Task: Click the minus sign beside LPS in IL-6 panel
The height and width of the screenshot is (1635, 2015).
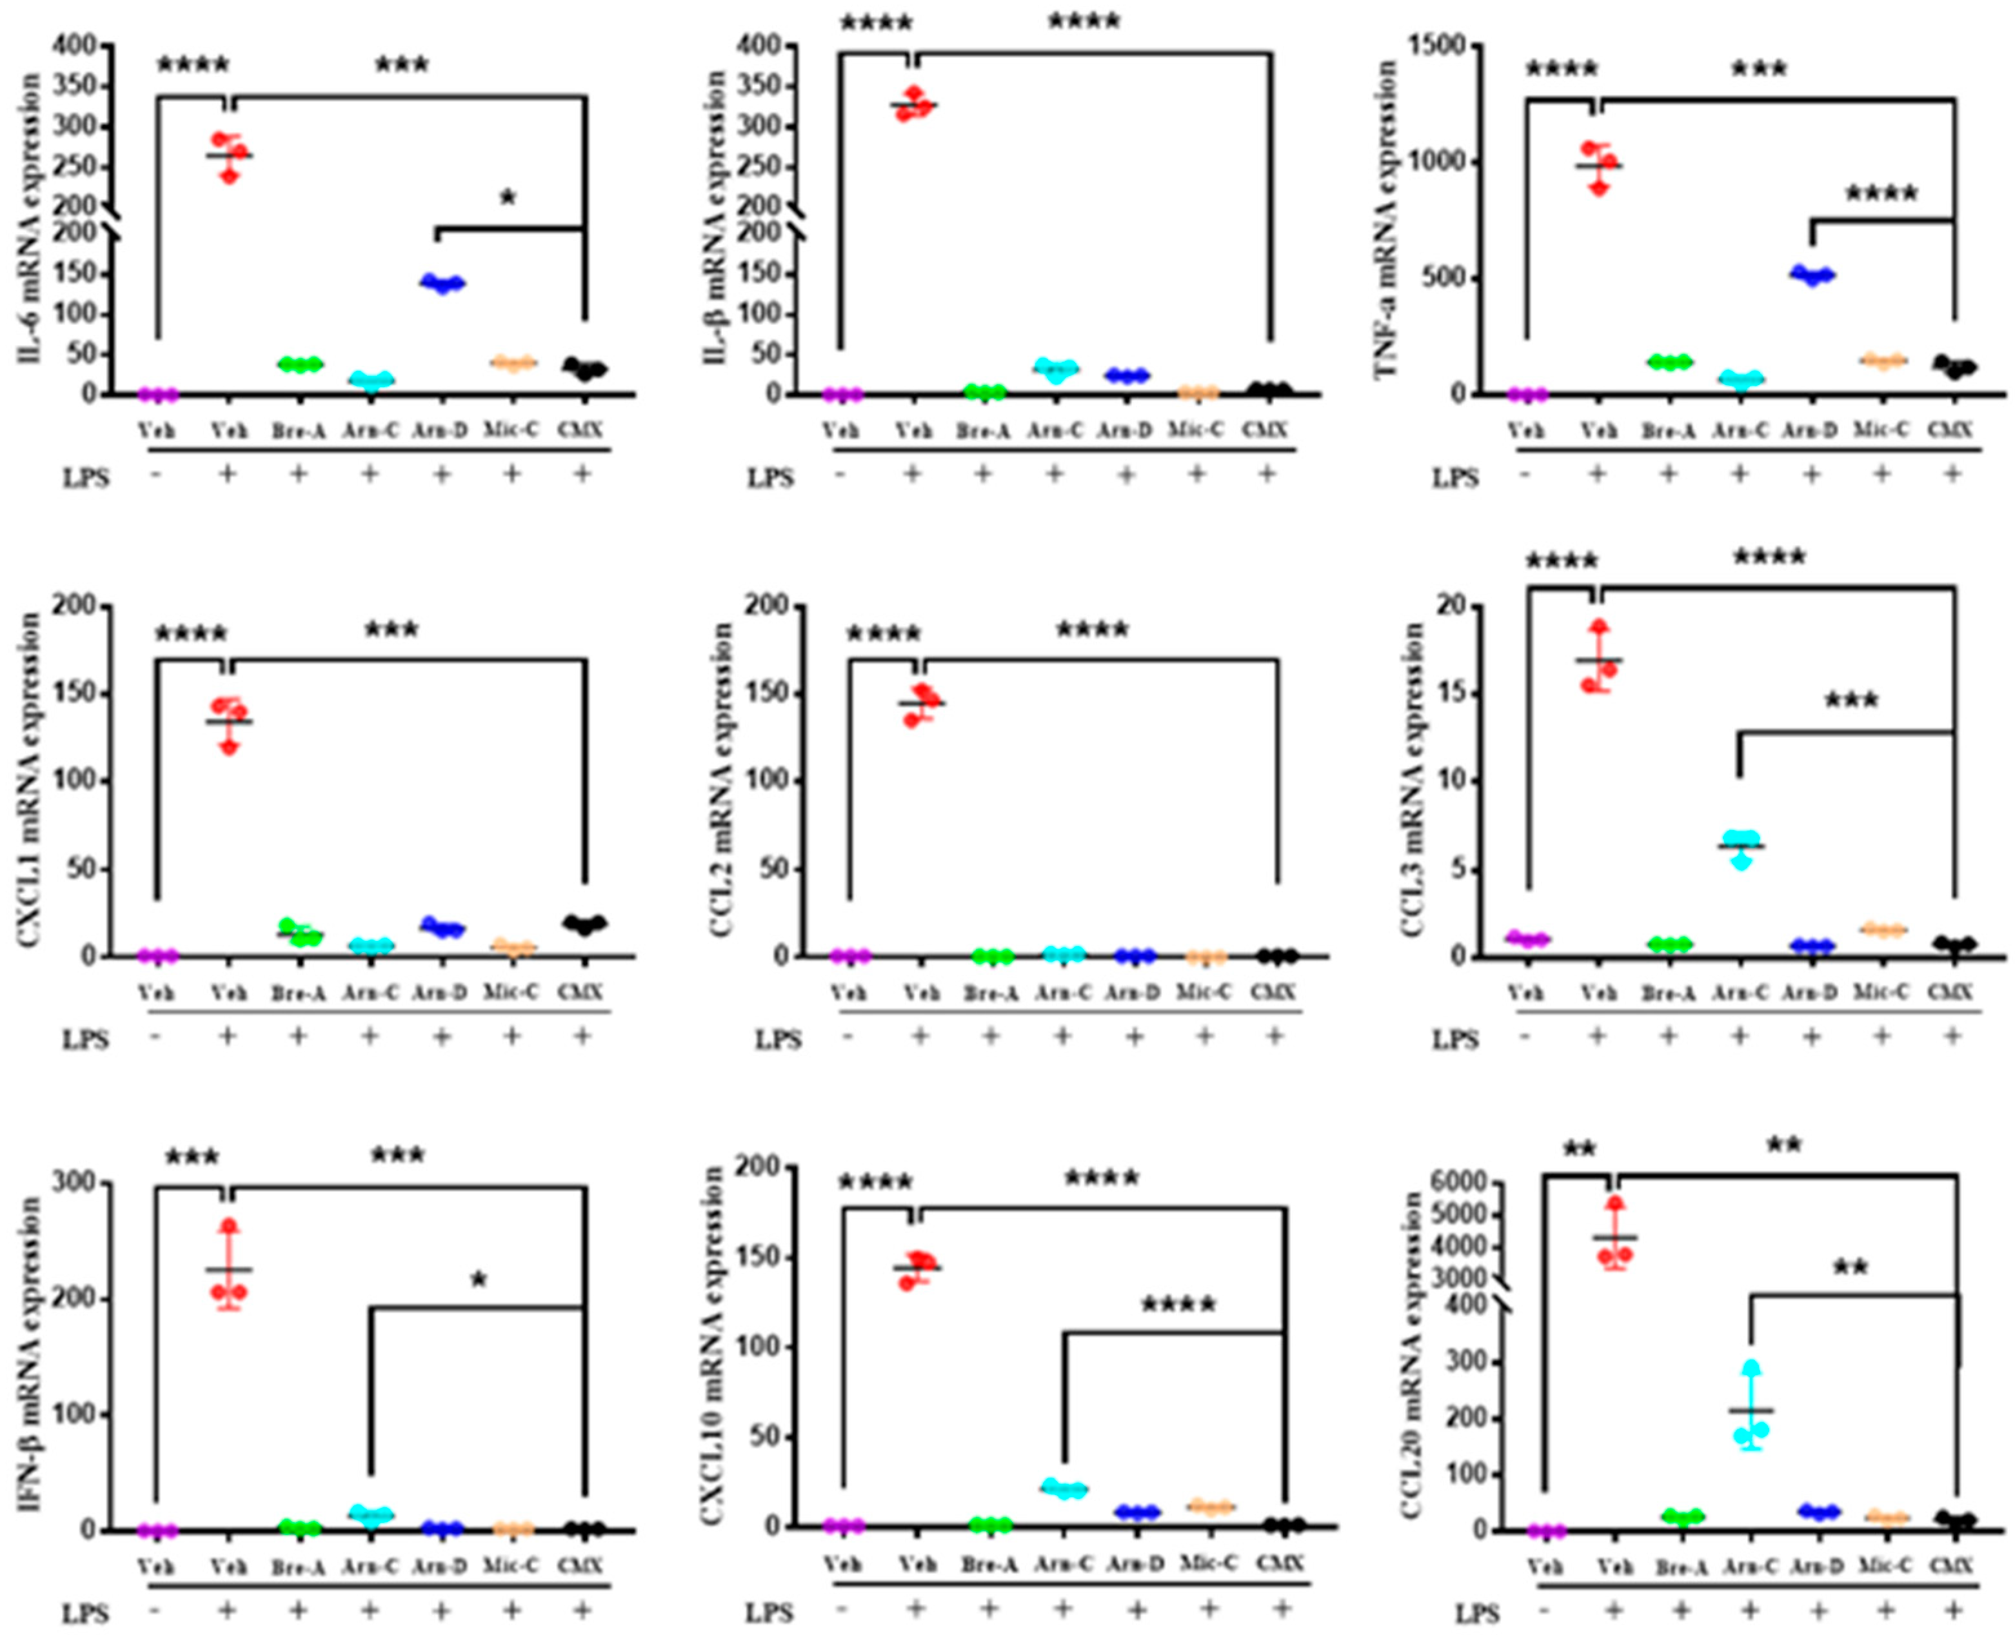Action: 156,475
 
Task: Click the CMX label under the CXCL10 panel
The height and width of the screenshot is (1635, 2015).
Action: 1280,1563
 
